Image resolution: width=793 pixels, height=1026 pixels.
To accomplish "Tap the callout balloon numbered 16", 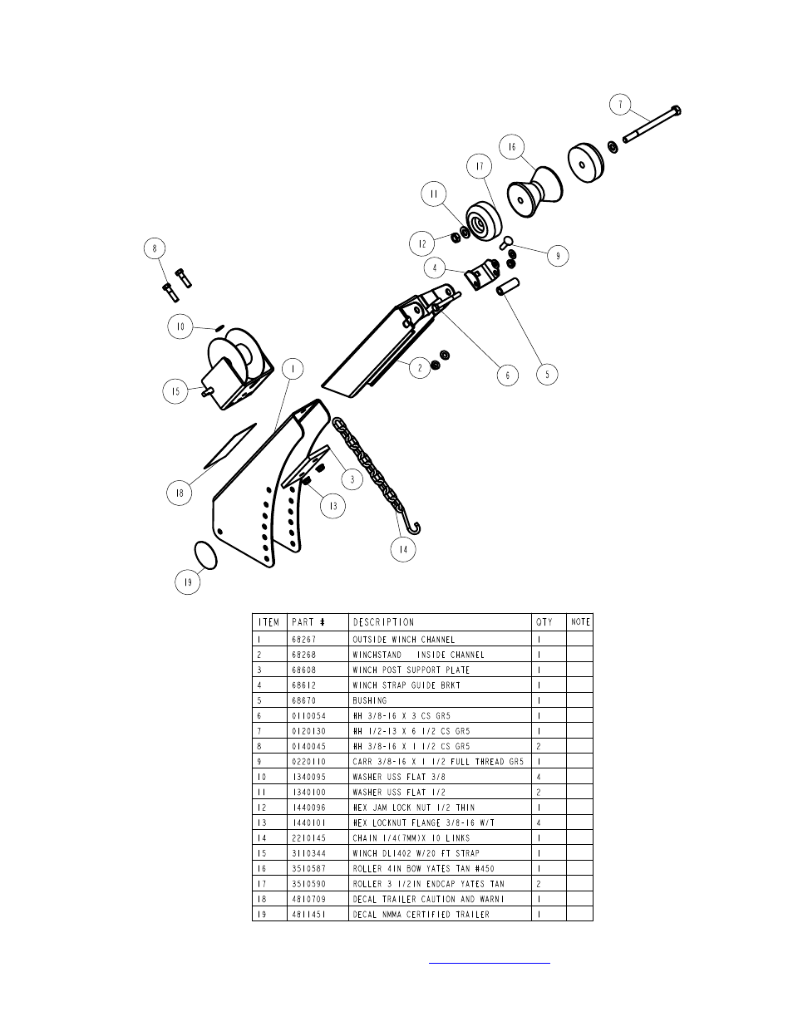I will tap(512, 147).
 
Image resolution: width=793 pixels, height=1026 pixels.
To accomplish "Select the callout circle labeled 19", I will tap(189, 582).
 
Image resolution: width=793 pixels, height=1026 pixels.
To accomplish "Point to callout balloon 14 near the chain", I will tap(403, 549).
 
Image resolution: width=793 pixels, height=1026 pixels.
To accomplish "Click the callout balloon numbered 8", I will tap(154, 248).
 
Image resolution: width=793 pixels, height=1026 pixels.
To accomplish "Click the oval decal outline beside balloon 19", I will tap(204, 554).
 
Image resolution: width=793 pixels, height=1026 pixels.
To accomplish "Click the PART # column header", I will tap(307, 621).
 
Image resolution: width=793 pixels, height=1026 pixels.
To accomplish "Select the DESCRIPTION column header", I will tap(383, 621).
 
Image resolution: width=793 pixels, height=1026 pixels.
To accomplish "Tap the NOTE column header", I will tap(580, 621).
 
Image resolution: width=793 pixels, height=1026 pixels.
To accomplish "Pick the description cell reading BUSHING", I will tap(370, 700).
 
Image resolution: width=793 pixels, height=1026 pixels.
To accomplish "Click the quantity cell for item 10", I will tap(540, 777).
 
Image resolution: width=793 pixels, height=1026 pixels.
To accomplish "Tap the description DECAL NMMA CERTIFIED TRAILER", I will tap(421, 914).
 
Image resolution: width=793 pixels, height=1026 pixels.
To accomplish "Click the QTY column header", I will tap(544, 621).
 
